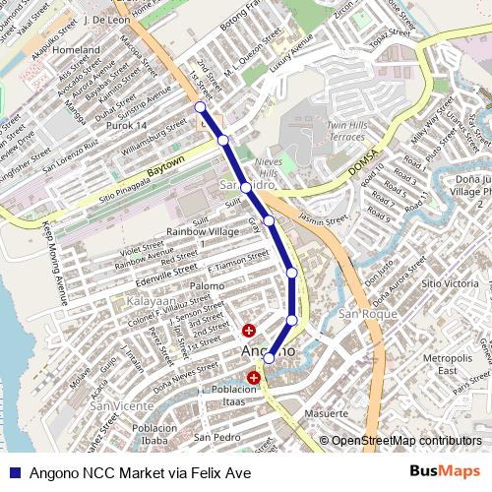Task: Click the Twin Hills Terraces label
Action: [347, 131]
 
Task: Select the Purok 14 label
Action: [126, 126]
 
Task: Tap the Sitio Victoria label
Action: [449, 283]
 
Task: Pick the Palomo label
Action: [208, 285]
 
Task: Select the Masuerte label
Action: [326, 414]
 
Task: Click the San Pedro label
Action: [217, 437]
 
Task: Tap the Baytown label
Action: [166, 164]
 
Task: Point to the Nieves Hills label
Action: [269, 165]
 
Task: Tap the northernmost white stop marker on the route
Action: [201, 106]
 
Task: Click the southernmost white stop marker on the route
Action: [269, 358]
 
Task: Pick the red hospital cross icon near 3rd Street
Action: [248, 330]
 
